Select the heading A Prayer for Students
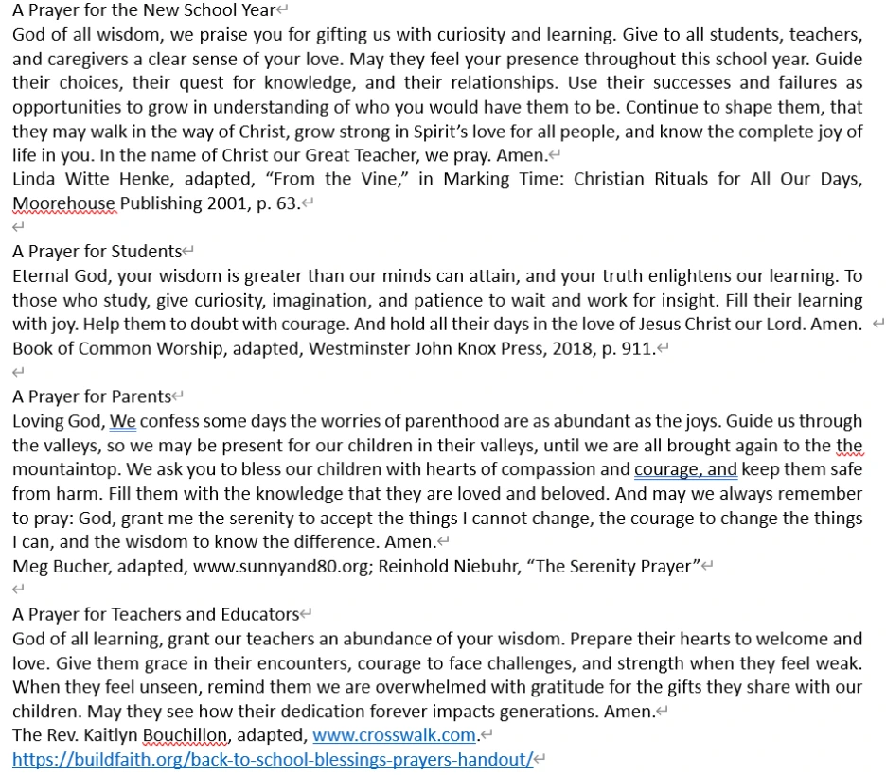coord(97,251)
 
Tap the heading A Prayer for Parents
coord(92,396)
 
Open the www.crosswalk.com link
coord(394,735)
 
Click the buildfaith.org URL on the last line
coord(273,759)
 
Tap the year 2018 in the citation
coord(560,348)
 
